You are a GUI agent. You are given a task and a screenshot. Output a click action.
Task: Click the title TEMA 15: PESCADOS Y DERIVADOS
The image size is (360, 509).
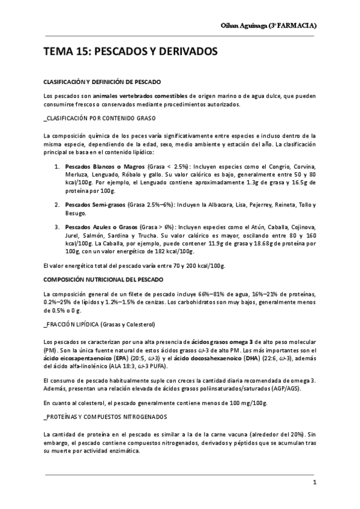coord(130,52)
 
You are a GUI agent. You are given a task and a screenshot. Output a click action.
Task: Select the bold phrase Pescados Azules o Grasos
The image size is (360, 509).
coord(100,228)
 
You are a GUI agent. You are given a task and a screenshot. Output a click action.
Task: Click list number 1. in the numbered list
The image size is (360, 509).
coord(57,165)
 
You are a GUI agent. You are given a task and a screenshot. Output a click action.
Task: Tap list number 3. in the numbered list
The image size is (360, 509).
coord(57,228)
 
